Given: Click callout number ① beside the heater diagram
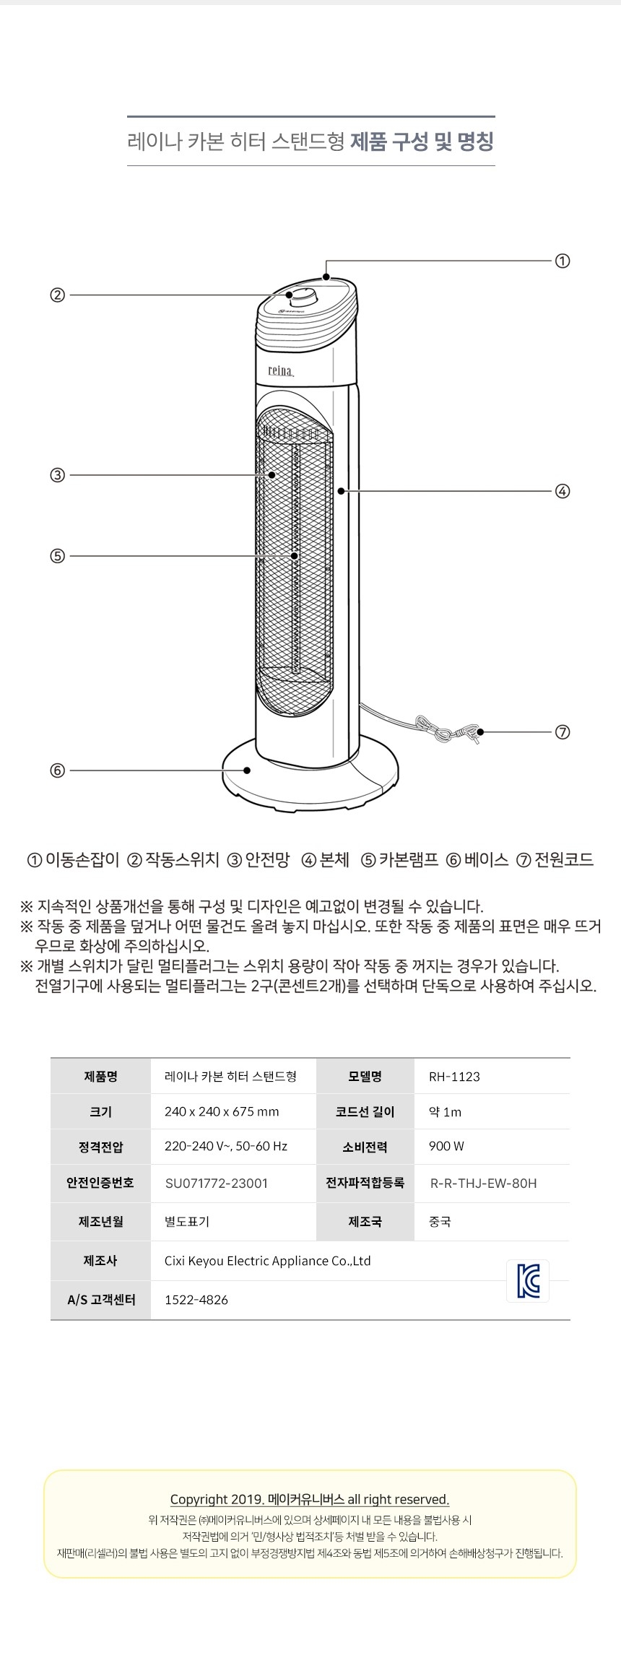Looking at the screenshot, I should [563, 261].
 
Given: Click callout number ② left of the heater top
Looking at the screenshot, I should [57, 295].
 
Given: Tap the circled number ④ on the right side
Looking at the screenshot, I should [563, 492].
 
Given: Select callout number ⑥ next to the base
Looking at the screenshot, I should [57, 770].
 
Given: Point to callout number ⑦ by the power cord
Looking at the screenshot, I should [563, 732].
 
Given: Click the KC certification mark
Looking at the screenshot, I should [528, 1281].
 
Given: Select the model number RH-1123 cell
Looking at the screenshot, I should [454, 1077].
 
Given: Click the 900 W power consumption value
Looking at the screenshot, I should [446, 1146].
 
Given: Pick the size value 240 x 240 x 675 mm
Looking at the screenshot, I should [222, 1111].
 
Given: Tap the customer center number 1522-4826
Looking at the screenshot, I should [196, 1300].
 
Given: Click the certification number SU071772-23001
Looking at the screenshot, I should [217, 1183].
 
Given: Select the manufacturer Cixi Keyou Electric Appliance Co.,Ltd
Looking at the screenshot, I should [268, 1261].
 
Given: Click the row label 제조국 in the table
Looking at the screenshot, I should [365, 1222].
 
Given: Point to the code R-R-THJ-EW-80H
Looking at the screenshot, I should [483, 1183].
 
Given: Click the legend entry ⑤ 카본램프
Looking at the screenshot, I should [399, 859].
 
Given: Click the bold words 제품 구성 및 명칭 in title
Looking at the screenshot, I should [422, 142].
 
